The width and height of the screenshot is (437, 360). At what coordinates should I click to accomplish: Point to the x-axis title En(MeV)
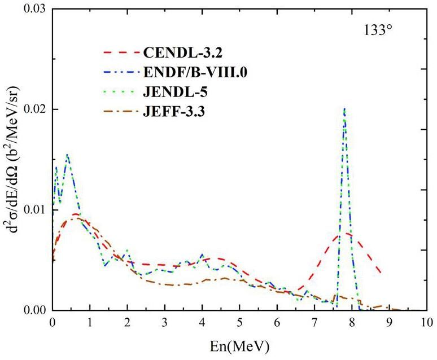point(239,344)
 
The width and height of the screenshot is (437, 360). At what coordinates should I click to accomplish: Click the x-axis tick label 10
point(426,323)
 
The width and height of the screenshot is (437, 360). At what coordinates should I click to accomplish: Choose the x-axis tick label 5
point(239,323)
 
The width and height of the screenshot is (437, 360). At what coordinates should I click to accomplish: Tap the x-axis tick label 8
point(352,323)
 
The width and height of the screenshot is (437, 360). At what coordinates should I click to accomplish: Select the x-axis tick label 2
point(127,323)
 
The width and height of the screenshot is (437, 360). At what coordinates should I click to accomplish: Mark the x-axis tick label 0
point(53,323)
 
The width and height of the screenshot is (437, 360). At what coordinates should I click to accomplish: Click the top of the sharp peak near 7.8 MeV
point(344,108)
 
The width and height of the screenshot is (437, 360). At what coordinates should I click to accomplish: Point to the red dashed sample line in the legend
point(121,54)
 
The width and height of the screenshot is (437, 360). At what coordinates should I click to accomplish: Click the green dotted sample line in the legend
point(121,92)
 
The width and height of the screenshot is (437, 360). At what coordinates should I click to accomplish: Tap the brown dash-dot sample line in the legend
point(121,112)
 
